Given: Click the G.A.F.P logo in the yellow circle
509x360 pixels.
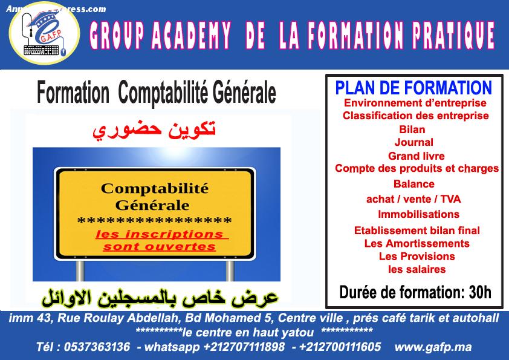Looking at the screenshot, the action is tap(44, 33).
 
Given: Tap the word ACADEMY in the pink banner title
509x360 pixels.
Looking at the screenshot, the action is tap(191, 35).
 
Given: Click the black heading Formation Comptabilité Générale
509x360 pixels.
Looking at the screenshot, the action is tap(157, 93).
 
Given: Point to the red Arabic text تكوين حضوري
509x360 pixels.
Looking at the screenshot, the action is tap(154, 129).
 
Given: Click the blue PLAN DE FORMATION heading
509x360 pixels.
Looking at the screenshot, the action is tap(413, 88).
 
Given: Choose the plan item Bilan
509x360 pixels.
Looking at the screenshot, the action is tap(412, 129).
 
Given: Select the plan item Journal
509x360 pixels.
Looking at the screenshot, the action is tap(414, 142).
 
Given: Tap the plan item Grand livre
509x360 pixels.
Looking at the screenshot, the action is tap(416, 156).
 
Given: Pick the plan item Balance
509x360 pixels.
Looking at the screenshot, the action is tap(414, 184).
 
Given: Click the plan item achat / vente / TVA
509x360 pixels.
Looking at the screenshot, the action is tap(413, 199).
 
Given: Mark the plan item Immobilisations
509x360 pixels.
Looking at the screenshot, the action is tap(418, 214).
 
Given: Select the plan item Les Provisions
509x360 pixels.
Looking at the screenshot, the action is tap(417, 256).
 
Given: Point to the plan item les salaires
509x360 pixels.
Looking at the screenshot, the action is tap(417, 269).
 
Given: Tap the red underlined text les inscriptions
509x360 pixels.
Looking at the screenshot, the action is tap(160, 234).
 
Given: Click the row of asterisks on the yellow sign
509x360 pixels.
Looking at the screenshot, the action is tap(155, 221).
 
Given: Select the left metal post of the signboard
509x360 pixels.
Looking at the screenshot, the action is tap(80, 271).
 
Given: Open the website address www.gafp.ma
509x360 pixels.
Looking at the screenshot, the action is tap(433, 347).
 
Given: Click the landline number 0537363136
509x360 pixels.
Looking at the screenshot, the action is tap(97, 347).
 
